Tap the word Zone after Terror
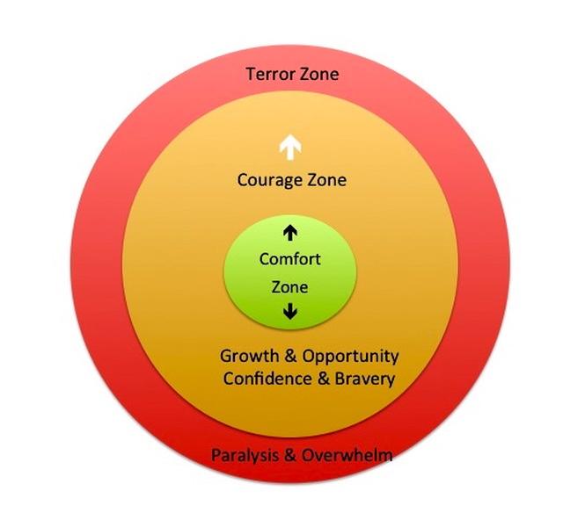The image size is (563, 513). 318,74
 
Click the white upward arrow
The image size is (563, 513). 286,147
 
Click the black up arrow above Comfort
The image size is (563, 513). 290,232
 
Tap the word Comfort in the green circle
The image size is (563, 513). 290,259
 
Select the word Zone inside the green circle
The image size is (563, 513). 290,286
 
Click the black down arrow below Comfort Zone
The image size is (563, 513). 290,311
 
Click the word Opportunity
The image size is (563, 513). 350,357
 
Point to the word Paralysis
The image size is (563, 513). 242,455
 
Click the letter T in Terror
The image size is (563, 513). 250,74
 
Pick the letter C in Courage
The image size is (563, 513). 243,180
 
